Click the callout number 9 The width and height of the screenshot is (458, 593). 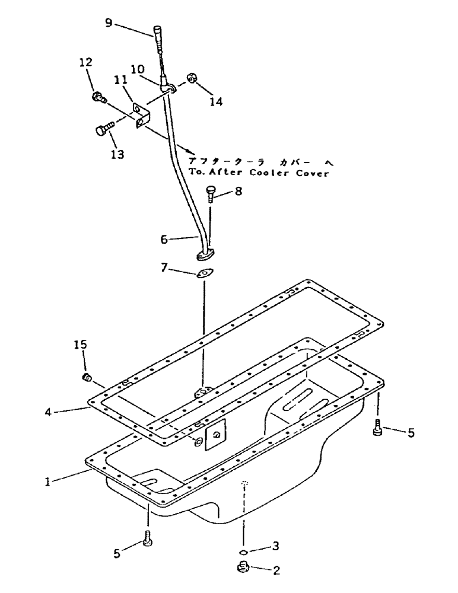pyautogui.click(x=107, y=24)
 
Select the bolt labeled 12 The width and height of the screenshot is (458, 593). pyautogui.click(x=97, y=97)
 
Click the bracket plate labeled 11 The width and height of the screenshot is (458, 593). pyautogui.click(x=138, y=115)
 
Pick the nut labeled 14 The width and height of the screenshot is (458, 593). pyautogui.click(x=193, y=79)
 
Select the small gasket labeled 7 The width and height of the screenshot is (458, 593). pyautogui.click(x=205, y=273)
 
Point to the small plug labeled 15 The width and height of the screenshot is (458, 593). pyautogui.click(x=87, y=377)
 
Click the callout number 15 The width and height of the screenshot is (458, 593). pyautogui.click(x=80, y=345)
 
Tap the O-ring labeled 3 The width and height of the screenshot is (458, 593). pyautogui.click(x=243, y=547)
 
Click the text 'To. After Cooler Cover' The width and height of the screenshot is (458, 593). pyautogui.click(x=258, y=173)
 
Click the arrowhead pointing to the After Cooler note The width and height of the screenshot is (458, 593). pyautogui.click(x=189, y=152)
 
